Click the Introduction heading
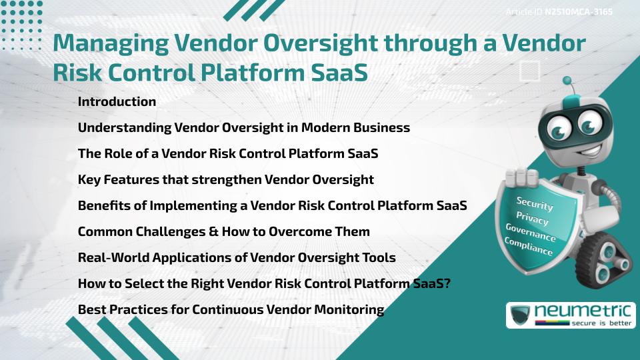117,102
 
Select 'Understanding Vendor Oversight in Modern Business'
243,128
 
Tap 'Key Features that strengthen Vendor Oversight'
225,180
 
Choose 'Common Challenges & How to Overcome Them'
223,232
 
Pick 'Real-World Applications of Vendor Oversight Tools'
237,258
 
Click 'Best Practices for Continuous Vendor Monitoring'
231,310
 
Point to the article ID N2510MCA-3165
578,11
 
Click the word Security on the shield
535,204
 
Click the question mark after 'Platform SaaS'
448,284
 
